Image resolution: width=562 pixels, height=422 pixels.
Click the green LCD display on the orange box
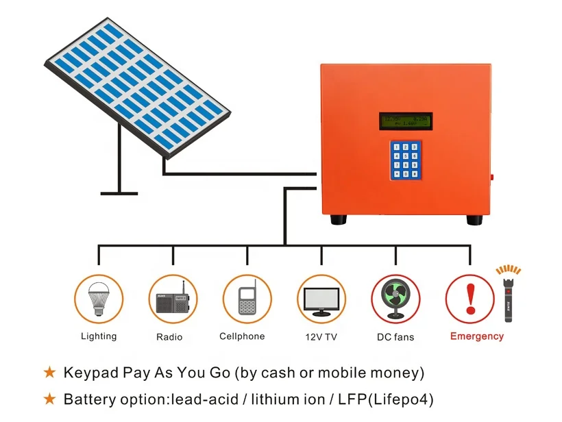point(406,121)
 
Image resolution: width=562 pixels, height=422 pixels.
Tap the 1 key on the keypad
point(396,147)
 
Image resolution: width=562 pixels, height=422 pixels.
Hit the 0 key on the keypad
point(405,173)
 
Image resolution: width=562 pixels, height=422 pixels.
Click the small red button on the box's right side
point(492,177)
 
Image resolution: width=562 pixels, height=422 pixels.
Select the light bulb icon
point(99,298)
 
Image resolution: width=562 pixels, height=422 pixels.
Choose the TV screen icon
point(321,300)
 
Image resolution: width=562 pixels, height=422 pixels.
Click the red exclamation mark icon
point(469,299)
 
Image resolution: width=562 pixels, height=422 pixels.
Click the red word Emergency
point(476,336)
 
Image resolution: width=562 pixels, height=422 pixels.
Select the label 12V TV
point(321,337)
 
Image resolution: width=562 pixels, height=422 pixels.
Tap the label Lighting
point(99,336)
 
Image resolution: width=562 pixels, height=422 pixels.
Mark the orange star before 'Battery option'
point(49,399)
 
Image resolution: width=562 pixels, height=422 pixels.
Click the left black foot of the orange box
point(337,220)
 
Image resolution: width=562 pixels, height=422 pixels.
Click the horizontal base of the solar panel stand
point(119,192)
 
